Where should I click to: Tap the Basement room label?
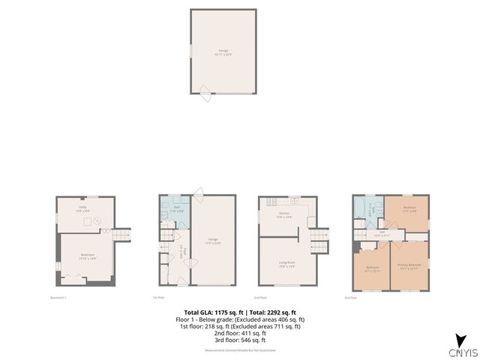tap(87, 256)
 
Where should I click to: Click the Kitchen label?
tap(284, 214)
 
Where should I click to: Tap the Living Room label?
tap(286, 262)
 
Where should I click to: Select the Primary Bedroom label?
tap(409, 265)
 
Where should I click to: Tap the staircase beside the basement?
tap(121, 235)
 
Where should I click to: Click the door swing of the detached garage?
tap(205, 91)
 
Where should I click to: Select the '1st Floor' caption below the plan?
tap(158, 297)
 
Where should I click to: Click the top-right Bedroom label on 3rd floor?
tap(409, 208)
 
